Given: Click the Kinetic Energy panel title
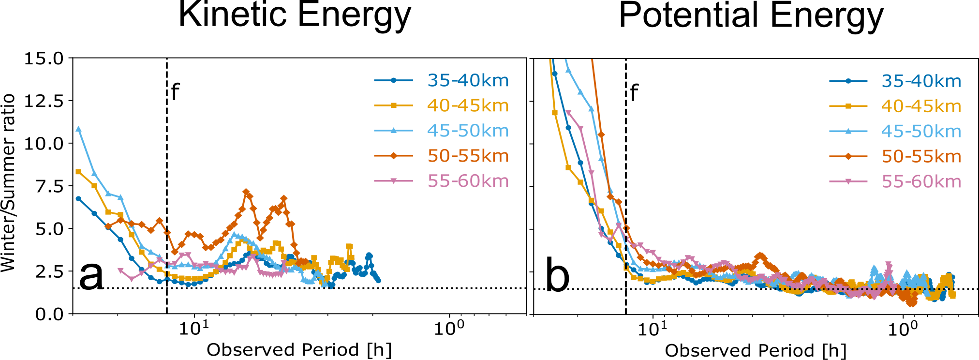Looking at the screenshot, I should click(295, 15).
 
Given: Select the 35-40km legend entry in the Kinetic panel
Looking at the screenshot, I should click(468, 80).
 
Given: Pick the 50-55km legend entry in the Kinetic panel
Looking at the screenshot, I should click(468, 156).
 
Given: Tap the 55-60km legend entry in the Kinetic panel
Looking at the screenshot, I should click(468, 181).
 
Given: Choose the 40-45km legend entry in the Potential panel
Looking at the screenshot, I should click(921, 106).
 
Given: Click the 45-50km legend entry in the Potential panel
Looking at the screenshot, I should click(921, 132).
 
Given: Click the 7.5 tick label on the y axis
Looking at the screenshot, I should click(50, 186).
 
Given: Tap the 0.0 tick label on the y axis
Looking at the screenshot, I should click(50, 314).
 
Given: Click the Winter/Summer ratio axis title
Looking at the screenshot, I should click(8, 183).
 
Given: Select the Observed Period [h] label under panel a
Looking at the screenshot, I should click(299, 350).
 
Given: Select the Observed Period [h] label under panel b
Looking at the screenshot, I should click(756, 351).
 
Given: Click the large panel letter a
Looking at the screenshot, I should click(91, 276).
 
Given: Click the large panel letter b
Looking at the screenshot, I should click(557, 277).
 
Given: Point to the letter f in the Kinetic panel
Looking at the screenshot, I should click(176, 91).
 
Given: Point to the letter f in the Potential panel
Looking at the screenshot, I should click(634, 92).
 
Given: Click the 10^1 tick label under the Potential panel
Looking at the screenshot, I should click(653, 329).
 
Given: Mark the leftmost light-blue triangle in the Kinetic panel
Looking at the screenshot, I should click(79, 129).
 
